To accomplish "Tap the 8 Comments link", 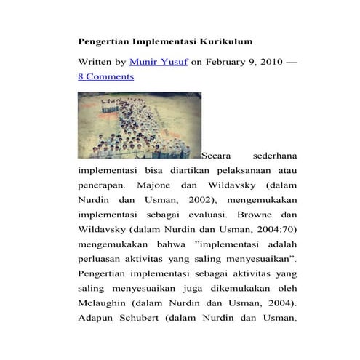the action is pyautogui.click(x=105, y=76).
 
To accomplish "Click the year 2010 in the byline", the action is pyautogui.click(x=267, y=63).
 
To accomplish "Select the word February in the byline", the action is pyautogui.click(x=226, y=63).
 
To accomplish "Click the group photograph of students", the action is pyautogui.click(x=137, y=125).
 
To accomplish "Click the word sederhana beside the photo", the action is pyautogui.click(x=275, y=155).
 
